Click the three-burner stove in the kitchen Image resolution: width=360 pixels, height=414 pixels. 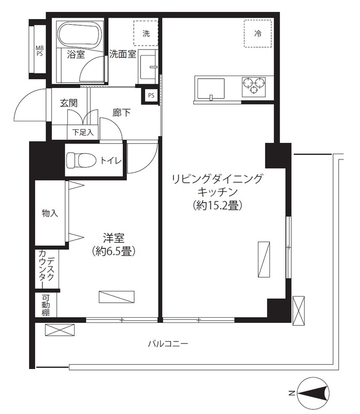pyautogui.click(x=253, y=85)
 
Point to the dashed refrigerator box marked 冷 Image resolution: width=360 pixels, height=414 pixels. pyautogui.click(x=257, y=34)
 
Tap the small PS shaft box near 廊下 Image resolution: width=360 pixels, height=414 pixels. pyautogui.click(x=151, y=95)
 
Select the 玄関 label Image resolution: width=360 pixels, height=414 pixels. pyautogui.click(x=68, y=103)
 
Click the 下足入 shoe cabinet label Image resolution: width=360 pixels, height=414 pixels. pyautogui.click(x=82, y=132)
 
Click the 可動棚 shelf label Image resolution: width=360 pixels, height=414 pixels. pyautogui.click(x=46, y=305)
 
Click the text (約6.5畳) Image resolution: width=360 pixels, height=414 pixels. pyautogui.click(x=115, y=252)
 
